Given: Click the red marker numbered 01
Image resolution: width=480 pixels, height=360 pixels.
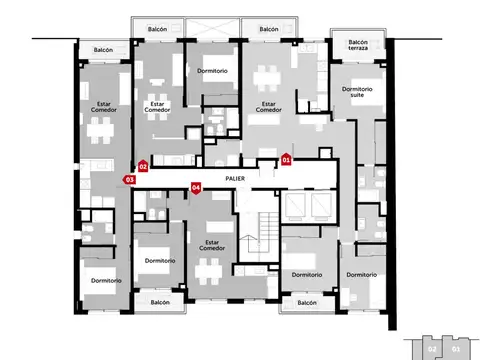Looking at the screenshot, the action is click(x=286, y=159).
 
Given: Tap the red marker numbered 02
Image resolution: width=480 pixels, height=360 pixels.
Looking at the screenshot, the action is click(x=143, y=166).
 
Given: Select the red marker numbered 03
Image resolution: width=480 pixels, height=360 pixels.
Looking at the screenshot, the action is click(x=129, y=179).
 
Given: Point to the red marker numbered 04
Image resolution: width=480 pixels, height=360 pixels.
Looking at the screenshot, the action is click(x=196, y=186).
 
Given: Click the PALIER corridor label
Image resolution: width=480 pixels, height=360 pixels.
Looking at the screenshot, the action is click(x=236, y=178).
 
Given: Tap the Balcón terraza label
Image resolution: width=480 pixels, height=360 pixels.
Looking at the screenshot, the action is click(x=359, y=45).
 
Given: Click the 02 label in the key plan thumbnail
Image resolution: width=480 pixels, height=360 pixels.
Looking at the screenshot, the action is click(x=432, y=349).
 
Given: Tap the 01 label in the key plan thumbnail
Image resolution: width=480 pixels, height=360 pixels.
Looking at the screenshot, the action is click(x=456, y=349).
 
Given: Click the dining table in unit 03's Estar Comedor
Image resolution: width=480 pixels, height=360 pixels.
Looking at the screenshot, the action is click(x=102, y=129).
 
